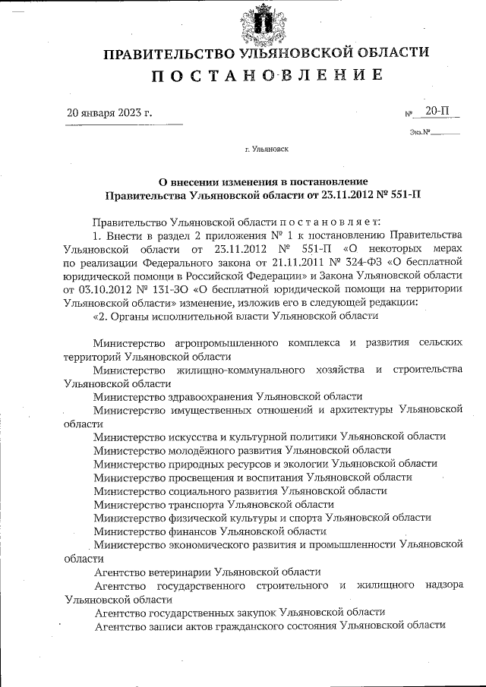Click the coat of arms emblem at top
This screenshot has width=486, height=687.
(266, 24)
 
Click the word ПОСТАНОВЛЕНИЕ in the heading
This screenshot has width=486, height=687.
(266, 76)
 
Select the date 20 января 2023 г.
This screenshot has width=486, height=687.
(110, 113)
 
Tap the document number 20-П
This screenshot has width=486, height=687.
(437, 111)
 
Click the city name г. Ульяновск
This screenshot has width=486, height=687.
(266, 150)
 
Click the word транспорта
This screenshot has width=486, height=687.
(200, 503)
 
